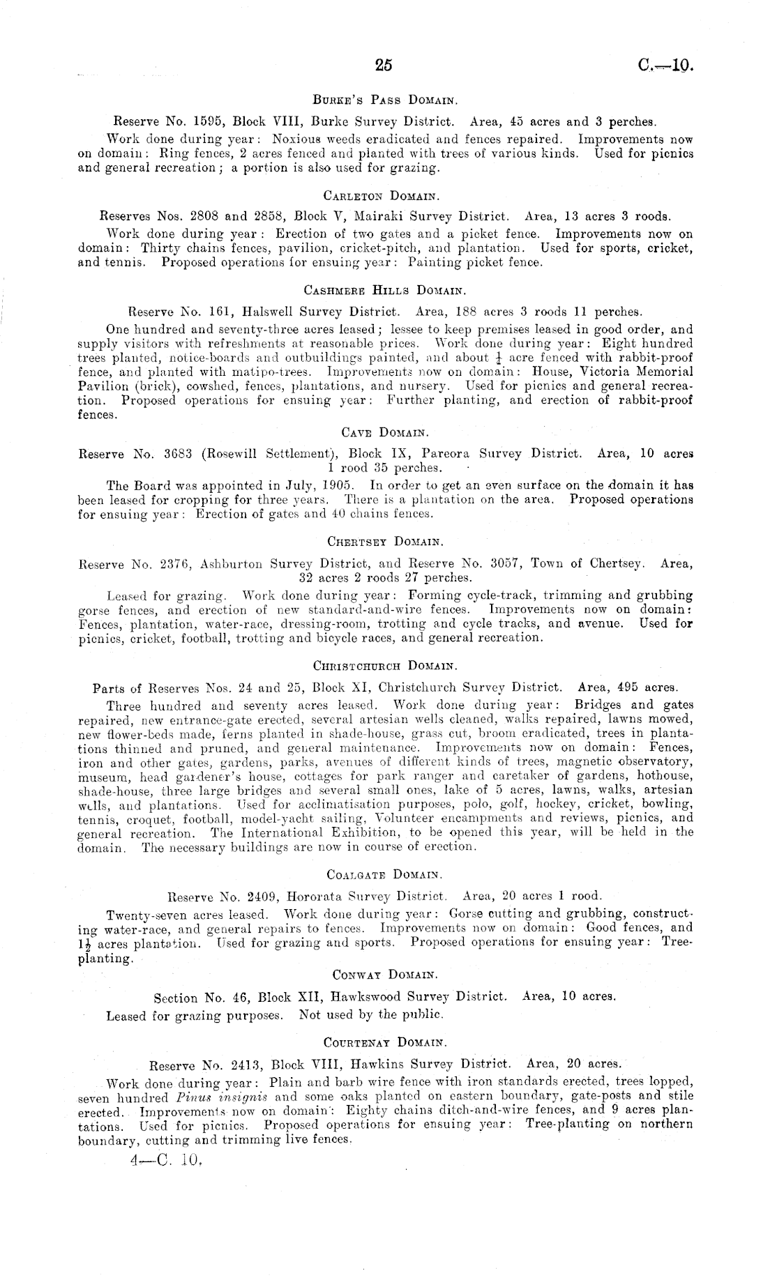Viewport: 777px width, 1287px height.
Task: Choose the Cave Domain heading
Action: (384, 433)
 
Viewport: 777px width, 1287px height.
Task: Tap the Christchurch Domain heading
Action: (384, 665)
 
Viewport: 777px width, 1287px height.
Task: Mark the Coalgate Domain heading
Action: (384, 874)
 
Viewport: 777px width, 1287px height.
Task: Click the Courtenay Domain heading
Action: (384, 1042)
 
